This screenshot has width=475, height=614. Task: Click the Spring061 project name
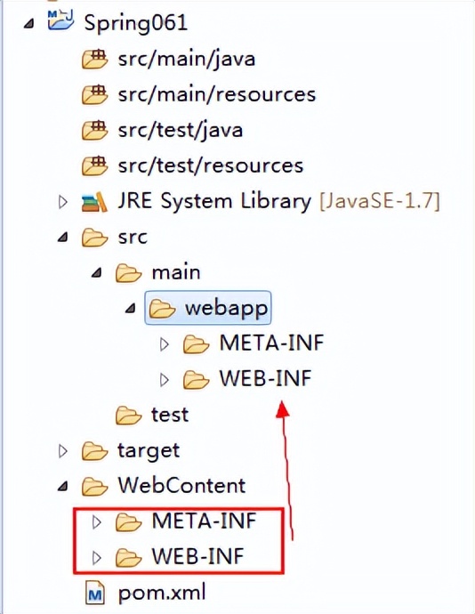pyautogui.click(x=135, y=23)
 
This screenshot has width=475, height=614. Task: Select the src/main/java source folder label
pyautogui.click(x=187, y=60)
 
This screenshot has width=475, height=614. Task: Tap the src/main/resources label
pyautogui.click(x=217, y=94)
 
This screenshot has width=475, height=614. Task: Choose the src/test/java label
pyautogui.click(x=181, y=131)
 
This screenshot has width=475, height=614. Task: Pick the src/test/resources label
pyautogui.click(x=211, y=166)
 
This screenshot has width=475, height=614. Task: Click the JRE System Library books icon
pyautogui.click(x=94, y=202)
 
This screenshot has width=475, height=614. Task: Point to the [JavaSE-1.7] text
pyautogui.click(x=380, y=201)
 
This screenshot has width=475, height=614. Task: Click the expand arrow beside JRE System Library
pyautogui.click(x=62, y=202)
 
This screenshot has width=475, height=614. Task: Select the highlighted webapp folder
pyautogui.click(x=208, y=308)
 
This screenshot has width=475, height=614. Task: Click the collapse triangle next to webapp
pyautogui.click(x=131, y=309)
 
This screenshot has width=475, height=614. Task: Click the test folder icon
pyautogui.click(x=128, y=415)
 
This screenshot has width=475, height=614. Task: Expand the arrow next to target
pyautogui.click(x=62, y=451)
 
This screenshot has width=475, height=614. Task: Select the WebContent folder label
pyautogui.click(x=181, y=486)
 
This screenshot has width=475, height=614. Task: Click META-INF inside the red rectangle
pyautogui.click(x=204, y=521)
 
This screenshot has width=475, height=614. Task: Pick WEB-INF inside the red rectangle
pyautogui.click(x=197, y=557)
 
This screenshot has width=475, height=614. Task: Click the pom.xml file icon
pyautogui.click(x=95, y=594)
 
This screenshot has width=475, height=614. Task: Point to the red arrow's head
pyautogui.click(x=282, y=409)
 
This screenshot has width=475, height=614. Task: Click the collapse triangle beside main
pyautogui.click(x=97, y=272)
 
